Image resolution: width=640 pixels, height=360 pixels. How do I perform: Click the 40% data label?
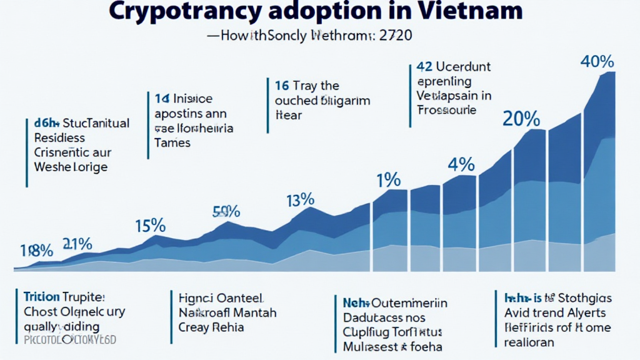pyautogui.click(x=597, y=62)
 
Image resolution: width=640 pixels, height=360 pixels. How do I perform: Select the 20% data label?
pyautogui.click(x=521, y=118)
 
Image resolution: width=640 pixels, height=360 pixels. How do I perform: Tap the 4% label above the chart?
pyautogui.click(x=461, y=165)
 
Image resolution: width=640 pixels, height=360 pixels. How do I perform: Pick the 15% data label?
pyautogui.click(x=150, y=225)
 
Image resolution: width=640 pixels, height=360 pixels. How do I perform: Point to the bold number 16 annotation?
pyautogui.click(x=281, y=86)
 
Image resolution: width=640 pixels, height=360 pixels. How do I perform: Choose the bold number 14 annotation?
pyautogui.click(x=162, y=99)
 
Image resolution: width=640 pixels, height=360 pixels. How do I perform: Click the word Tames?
pyautogui.click(x=172, y=142)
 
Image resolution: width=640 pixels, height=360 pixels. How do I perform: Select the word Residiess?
pyautogui.click(x=61, y=137)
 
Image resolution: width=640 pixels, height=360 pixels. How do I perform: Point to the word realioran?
pyautogui.click(x=530, y=342)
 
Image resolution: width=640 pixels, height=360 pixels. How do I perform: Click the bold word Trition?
pyautogui.click(x=41, y=297)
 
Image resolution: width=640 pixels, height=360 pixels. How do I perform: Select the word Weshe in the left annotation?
pyautogui.click(x=52, y=167)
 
